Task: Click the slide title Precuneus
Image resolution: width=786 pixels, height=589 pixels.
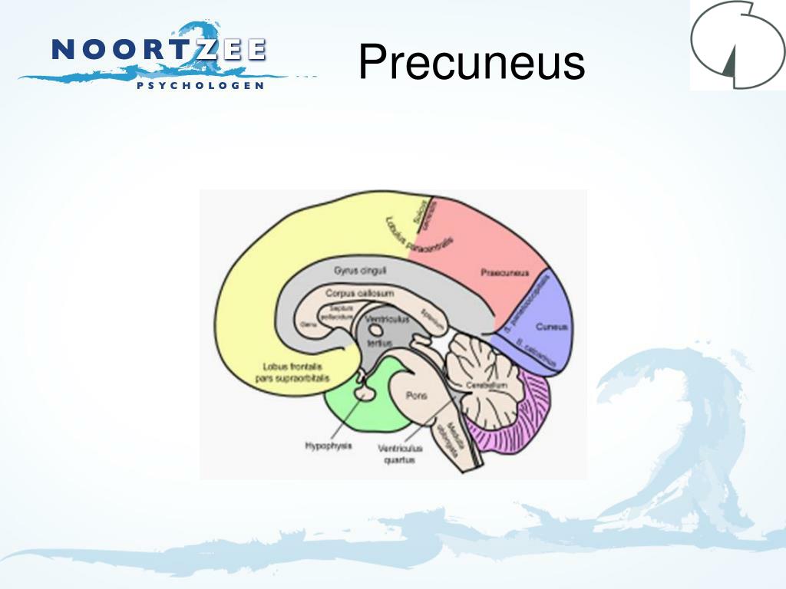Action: [471, 62]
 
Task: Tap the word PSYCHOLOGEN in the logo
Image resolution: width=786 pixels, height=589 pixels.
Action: [200, 85]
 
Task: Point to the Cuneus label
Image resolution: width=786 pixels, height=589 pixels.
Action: [552, 326]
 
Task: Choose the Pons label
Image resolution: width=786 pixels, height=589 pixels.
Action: [415, 396]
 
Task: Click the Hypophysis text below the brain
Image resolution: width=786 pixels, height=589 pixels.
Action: [329, 446]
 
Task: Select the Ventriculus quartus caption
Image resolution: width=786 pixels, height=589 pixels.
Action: [396, 455]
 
